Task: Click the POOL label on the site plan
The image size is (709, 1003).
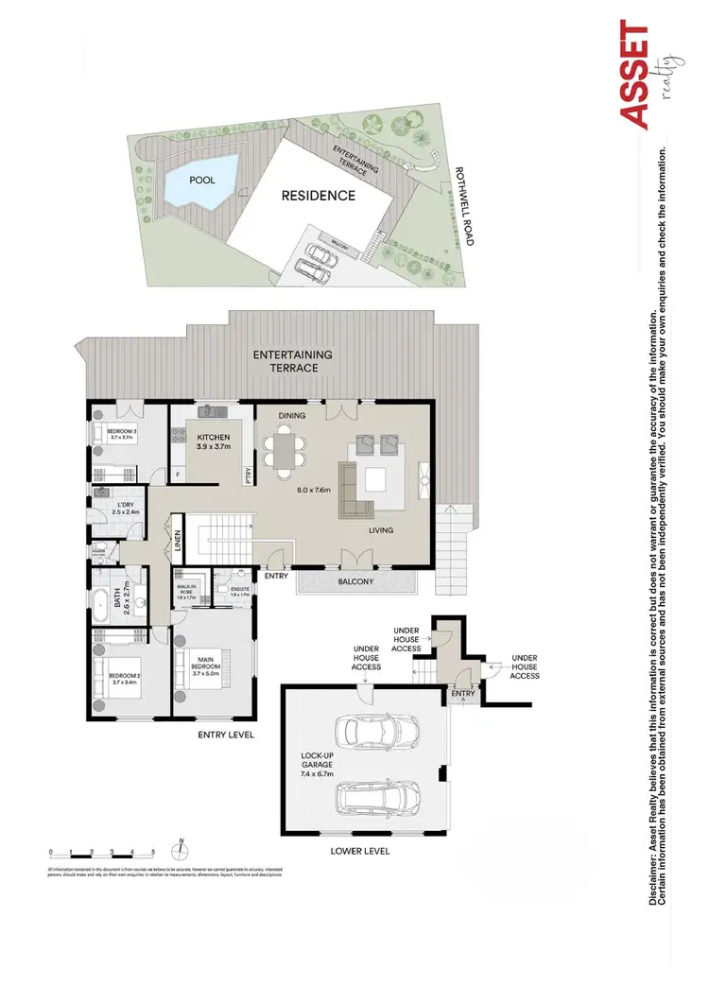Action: click(x=201, y=180)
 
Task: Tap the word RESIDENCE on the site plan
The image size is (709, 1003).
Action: click(x=318, y=197)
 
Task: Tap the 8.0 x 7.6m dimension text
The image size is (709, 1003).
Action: click(x=314, y=492)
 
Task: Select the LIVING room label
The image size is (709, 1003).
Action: click(x=381, y=530)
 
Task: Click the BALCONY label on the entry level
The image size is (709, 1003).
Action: click(x=356, y=581)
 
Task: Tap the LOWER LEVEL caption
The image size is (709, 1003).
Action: click(x=359, y=851)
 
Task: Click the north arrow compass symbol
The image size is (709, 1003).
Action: click(x=179, y=847)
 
